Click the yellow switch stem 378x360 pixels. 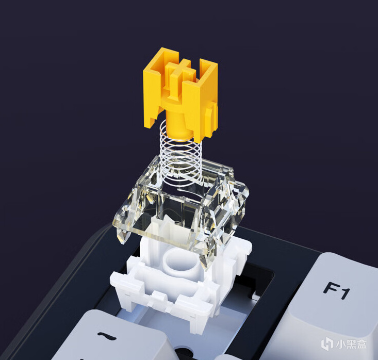pyautogui.click(x=181, y=94)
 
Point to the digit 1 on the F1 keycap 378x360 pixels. pyautogui.click(x=344, y=293)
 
